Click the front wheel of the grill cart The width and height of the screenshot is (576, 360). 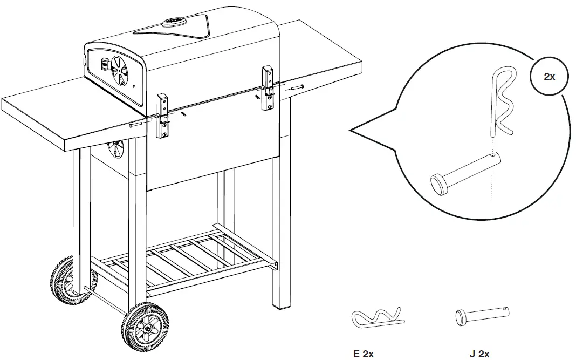tap(145, 328)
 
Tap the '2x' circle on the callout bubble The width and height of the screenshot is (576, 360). tap(549, 77)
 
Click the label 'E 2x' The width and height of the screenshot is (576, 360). tap(364, 354)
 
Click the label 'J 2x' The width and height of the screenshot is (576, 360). tap(479, 354)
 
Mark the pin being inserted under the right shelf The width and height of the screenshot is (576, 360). tap(296, 87)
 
